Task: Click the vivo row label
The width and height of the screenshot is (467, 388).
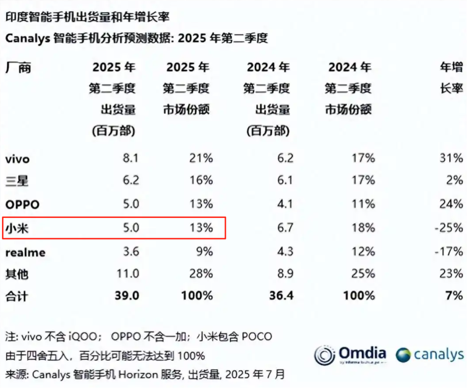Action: point(17,159)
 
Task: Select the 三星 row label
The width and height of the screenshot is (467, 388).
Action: point(17,180)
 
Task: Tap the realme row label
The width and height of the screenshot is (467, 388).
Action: point(25,252)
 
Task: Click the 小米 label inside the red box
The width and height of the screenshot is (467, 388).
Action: point(17,228)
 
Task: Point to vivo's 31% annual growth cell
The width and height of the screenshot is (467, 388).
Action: point(451,158)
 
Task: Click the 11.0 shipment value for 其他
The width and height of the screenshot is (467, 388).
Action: point(128,273)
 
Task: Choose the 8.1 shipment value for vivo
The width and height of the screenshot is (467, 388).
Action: point(130,158)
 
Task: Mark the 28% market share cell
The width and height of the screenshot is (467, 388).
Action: point(201,273)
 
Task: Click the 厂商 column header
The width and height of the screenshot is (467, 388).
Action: point(18,67)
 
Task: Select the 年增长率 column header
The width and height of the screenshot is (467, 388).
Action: point(451,78)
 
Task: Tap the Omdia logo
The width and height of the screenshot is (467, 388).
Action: point(350,354)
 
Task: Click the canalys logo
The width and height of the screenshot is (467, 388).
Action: point(430,355)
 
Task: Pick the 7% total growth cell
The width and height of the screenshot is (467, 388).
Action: point(454,295)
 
